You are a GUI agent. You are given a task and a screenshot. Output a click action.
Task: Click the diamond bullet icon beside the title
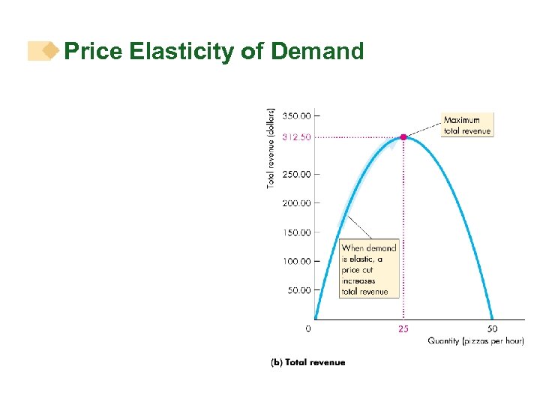click(x=50, y=51)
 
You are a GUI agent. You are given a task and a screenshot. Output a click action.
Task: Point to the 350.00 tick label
click(x=295, y=115)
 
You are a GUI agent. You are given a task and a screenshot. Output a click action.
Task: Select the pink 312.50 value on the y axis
click(x=295, y=137)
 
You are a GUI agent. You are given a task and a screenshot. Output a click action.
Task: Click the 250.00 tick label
click(x=295, y=174)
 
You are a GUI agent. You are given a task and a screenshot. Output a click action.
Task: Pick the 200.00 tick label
click(x=295, y=203)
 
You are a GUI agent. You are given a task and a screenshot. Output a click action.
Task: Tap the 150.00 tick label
click(x=295, y=232)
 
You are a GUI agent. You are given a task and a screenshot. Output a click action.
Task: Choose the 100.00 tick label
click(x=295, y=261)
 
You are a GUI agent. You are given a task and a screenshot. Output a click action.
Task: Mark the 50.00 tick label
click(x=298, y=290)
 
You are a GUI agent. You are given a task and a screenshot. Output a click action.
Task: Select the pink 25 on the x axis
click(x=403, y=328)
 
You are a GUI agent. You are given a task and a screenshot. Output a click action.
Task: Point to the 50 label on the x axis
click(x=492, y=328)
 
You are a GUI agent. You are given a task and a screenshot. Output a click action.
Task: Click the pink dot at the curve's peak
click(x=403, y=137)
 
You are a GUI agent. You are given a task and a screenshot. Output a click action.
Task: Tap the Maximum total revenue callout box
click(x=466, y=125)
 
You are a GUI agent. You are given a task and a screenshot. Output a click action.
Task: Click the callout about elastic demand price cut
click(x=369, y=269)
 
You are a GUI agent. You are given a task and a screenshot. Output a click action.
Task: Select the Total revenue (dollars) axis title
click(x=271, y=147)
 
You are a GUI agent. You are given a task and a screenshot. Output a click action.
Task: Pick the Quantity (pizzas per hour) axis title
click(x=475, y=341)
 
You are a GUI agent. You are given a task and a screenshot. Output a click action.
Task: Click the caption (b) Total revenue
click(x=307, y=362)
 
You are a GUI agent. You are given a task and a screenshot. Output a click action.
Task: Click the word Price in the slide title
click(x=94, y=52)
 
